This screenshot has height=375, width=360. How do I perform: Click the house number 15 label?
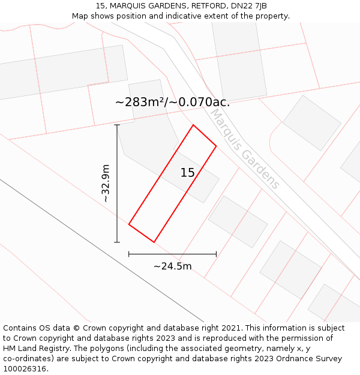tap(187, 173)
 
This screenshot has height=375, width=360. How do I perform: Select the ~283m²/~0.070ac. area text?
tap(172, 102)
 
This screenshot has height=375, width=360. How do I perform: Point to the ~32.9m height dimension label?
tap(106, 183)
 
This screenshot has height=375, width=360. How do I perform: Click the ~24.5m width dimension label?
tap(172, 266)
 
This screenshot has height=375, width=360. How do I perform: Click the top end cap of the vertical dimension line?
tap(117, 125)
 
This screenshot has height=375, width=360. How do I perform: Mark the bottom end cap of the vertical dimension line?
tap(117, 242)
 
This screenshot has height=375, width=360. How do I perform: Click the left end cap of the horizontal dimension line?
tap(129, 254)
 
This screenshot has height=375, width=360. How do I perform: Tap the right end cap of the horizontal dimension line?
tap(216, 254)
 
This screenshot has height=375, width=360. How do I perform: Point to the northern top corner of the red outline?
tap(193, 125)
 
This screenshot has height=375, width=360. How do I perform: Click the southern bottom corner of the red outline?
tap(154, 242)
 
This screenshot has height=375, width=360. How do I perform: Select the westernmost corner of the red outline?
tap(129, 224)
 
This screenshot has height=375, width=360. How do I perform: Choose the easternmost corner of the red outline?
tap(216, 146)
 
